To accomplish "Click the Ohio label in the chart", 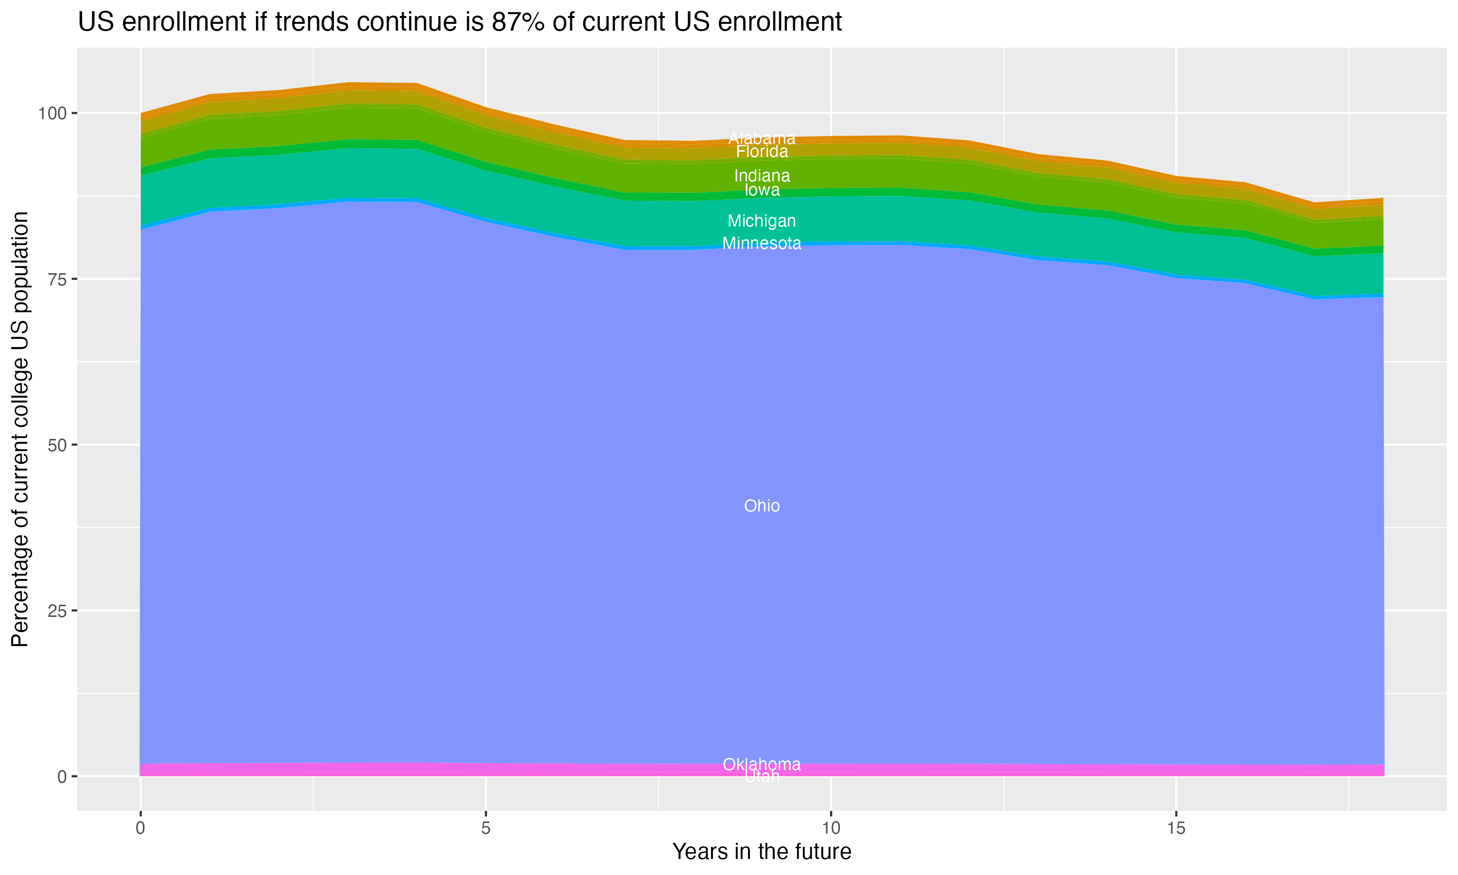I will (x=762, y=506).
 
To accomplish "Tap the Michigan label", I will (x=762, y=221).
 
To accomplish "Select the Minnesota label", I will (x=762, y=244).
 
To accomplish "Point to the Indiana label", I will (x=762, y=175).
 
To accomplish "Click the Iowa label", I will (x=762, y=190).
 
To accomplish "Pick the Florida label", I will (x=762, y=152).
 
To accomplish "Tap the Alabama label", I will (x=762, y=139).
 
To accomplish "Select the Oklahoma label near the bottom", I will (x=762, y=765).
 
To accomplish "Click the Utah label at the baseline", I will (x=762, y=777).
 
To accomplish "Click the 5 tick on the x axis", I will (x=486, y=828).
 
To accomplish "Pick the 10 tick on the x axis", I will (x=831, y=828).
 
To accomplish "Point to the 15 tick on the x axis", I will (x=1176, y=828).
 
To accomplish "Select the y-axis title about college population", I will (x=20, y=429).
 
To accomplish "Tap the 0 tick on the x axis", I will (x=140, y=828).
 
